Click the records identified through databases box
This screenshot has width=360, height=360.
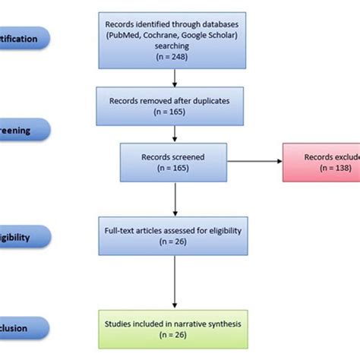176,39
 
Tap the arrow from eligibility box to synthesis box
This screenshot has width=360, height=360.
176,284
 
